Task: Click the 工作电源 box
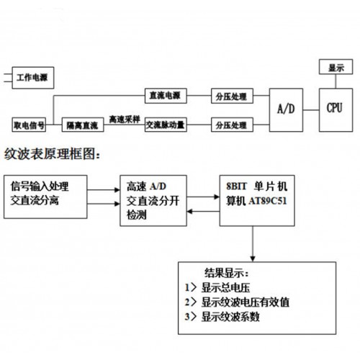tap(33, 78)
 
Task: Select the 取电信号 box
tap(29, 125)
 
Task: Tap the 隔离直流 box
tap(83, 125)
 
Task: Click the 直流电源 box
tap(166, 96)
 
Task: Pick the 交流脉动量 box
tap(166, 125)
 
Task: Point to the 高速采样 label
tap(125, 120)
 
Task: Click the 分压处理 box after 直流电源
tap(232, 96)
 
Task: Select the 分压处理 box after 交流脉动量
tap(232, 125)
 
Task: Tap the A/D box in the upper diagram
tap(286, 110)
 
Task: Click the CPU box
tap(336, 110)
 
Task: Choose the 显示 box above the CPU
tap(336, 67)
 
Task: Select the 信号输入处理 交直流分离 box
tap(45, 197)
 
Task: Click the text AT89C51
tap(268, 201)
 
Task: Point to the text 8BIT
tap(236, 186)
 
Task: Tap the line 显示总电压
tap(217, 287)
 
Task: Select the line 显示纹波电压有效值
tap(237, 302)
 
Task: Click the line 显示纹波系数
tap(222, 317)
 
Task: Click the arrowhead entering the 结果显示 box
tap(253, 259)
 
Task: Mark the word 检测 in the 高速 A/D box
tap(136, 215)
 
